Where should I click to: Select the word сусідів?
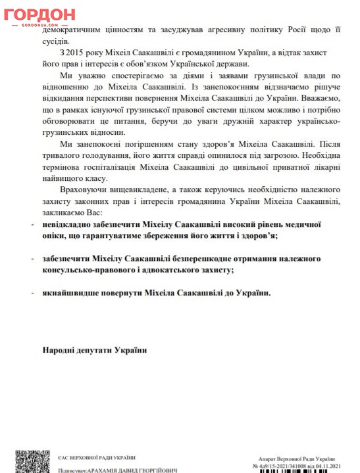click(x=58, y=41)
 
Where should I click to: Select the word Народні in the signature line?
click(x=60, y=349)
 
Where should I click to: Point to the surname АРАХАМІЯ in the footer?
click(x=115, y=469)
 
